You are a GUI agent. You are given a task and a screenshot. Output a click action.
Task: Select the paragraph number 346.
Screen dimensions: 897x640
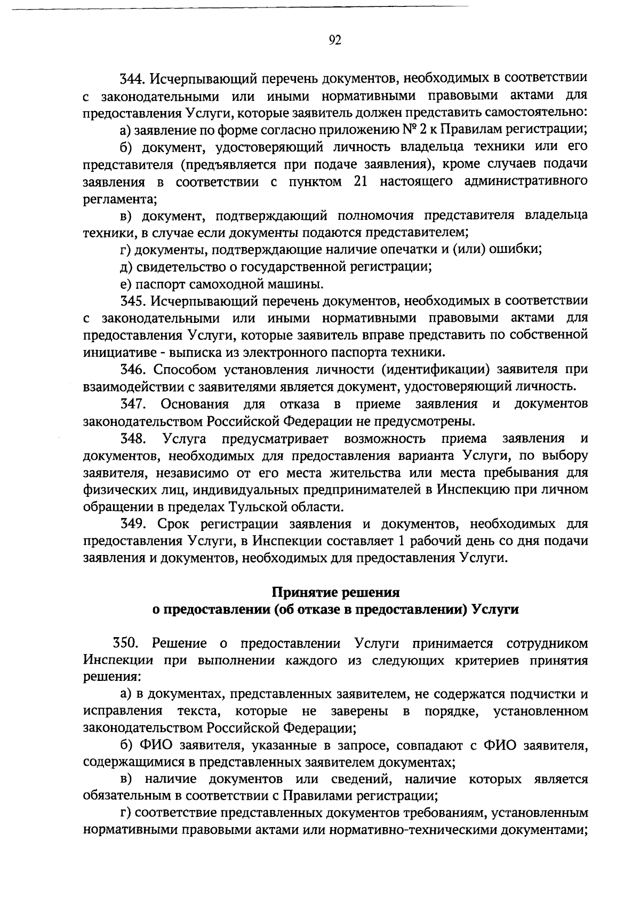133,369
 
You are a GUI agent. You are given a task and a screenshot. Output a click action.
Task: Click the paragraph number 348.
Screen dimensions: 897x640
133,439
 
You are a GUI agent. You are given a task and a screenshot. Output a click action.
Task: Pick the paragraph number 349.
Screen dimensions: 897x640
133,524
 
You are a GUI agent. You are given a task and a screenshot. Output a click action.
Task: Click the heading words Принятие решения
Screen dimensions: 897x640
336,592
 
